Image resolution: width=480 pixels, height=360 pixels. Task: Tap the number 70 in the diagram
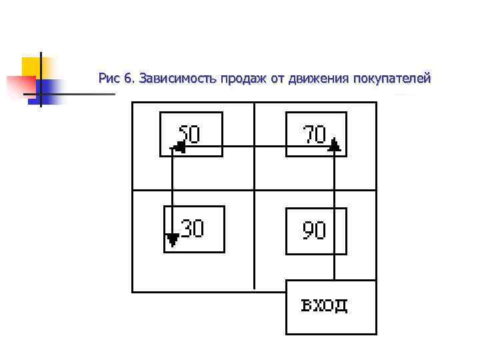coord(315,134)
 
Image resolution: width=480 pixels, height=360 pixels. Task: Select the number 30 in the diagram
coord(192,228)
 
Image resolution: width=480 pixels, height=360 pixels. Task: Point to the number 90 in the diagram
coord(315,231)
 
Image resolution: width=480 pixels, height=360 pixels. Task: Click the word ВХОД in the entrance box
coord(325,306)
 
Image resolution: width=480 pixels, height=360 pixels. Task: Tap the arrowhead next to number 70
coord(334,145)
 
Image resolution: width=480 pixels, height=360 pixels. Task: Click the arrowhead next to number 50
coord(178,147)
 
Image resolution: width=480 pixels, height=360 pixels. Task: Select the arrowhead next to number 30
coord(173,238)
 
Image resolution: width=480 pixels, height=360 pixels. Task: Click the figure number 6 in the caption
coord(129,79)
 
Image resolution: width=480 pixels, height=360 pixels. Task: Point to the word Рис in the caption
coord(108,79)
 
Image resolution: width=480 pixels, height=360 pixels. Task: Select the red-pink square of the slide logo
coord(19,86)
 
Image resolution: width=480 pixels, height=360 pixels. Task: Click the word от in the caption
coord(277,79)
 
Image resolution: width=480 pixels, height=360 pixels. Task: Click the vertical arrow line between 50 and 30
coord(173,193)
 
